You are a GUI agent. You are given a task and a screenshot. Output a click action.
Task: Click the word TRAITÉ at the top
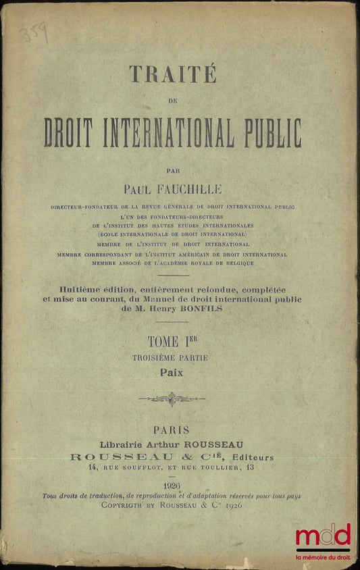[172, 73]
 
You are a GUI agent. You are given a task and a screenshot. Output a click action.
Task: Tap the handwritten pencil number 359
[34, 31]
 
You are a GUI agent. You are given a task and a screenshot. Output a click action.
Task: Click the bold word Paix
[172, 371]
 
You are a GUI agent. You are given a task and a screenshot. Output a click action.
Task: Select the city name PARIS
[172, 430]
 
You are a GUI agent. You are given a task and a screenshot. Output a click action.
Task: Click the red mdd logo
[323, 536]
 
